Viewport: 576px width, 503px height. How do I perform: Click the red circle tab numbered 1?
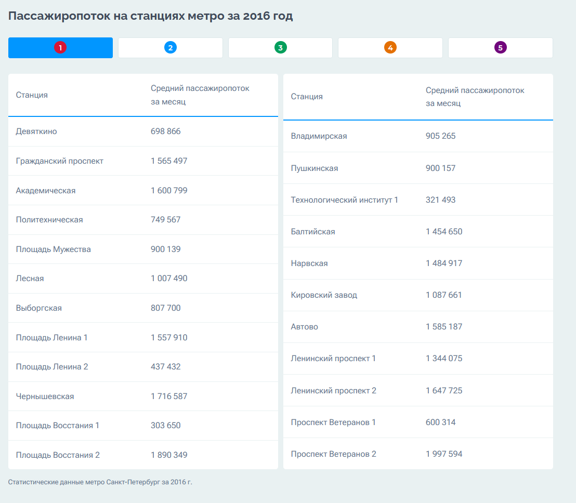coord(60,48)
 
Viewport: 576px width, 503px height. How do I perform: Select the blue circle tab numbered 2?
coord(171,48)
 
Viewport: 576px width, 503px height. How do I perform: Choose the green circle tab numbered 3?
coord(280,48)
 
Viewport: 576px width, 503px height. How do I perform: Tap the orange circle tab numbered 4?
coord(390,48)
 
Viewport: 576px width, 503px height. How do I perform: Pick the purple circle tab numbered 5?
coord(500,48)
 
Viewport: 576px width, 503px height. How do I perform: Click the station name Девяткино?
coord(36,131)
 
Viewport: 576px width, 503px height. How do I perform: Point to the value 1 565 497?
coord(169,161)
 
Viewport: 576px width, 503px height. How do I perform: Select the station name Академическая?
coord(46,191)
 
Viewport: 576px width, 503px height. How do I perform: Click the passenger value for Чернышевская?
coord(169,396)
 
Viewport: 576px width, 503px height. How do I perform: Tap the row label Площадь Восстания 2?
coord(58,455)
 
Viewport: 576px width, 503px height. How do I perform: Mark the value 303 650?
coord(166,426)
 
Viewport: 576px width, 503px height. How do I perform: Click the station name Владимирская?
coord(319,136)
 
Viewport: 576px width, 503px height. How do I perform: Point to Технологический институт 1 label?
coord(345,200)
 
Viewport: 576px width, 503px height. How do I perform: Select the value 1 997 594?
coord(444,454)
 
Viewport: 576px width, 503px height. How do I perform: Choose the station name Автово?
coord(305,327)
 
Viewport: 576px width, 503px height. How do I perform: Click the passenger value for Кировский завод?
coord(444,295)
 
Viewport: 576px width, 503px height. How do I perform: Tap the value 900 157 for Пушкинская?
coord(441,168)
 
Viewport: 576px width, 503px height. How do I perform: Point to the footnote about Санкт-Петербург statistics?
coord(100,482)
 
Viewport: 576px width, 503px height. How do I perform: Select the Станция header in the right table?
coord(307,97)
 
